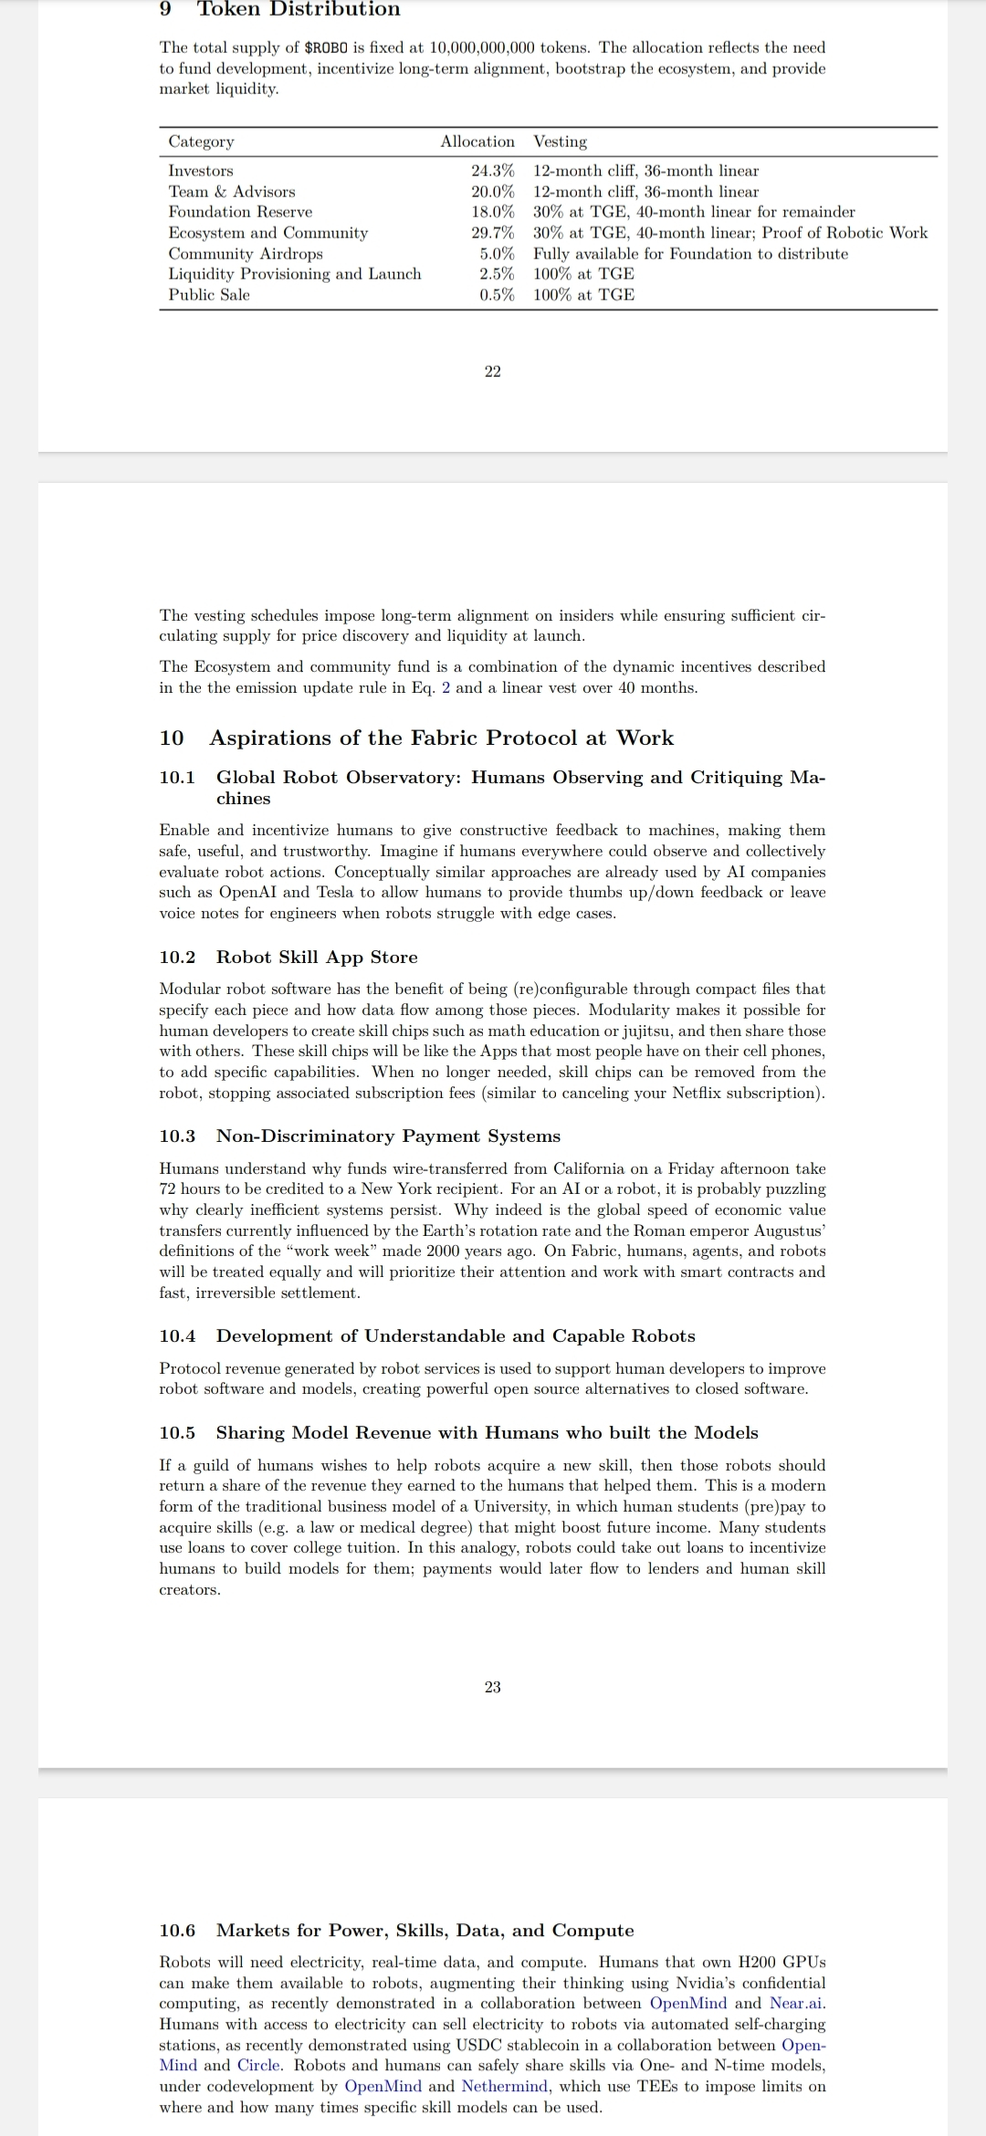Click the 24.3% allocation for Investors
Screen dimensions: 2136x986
(492, 171)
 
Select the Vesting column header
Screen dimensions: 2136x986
(560, 141)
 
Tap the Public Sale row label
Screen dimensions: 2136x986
(208, 295)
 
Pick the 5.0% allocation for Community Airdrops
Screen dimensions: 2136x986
(497, 254)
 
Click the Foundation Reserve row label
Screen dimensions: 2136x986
(240, 212)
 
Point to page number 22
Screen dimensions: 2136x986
(493, 372)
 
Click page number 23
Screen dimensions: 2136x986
(493, 1687)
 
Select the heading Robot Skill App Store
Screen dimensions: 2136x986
(317, 957)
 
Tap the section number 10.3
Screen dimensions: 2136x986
(177, 1136)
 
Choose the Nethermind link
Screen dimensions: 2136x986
(506, 2086)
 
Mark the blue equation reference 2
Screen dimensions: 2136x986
(446, 687)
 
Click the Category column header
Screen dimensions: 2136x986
(201, 141)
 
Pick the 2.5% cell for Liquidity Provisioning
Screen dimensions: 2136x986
(497, 274)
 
